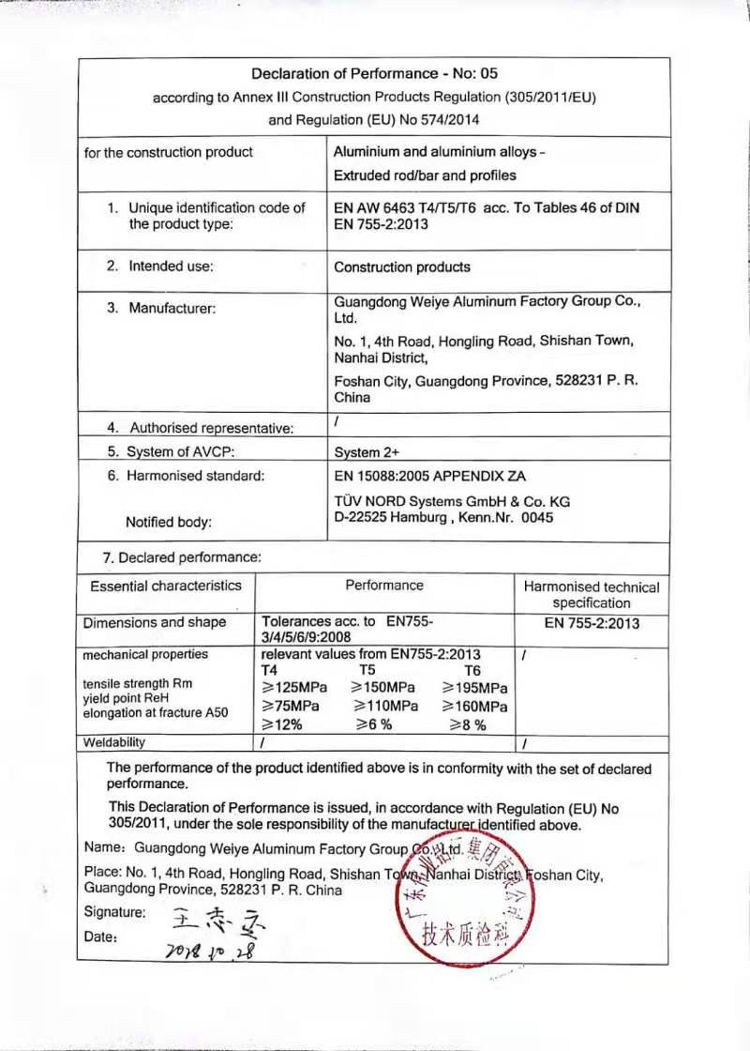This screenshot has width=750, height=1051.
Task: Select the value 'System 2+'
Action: click(367, 452)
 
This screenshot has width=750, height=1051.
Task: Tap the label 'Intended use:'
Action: click(171, 267)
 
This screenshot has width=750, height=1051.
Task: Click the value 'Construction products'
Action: click(402, 267)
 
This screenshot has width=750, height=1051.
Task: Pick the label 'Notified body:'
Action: click(169, 522)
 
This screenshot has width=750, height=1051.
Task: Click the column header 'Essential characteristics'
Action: click(166, 586)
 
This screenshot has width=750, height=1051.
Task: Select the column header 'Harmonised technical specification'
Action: click(592, 595)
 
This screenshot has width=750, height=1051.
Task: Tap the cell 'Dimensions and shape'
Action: click(155, 622)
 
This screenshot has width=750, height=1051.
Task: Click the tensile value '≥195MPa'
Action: click(474, 688)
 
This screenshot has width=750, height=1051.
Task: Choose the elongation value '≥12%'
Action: click(282, 724)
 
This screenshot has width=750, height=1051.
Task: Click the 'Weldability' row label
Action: click(114, 742)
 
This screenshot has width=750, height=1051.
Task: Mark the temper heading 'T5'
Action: click(367, 670)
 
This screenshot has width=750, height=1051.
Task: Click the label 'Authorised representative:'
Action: click(212, 428)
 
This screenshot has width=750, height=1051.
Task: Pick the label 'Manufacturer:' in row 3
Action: click(172, 308)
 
